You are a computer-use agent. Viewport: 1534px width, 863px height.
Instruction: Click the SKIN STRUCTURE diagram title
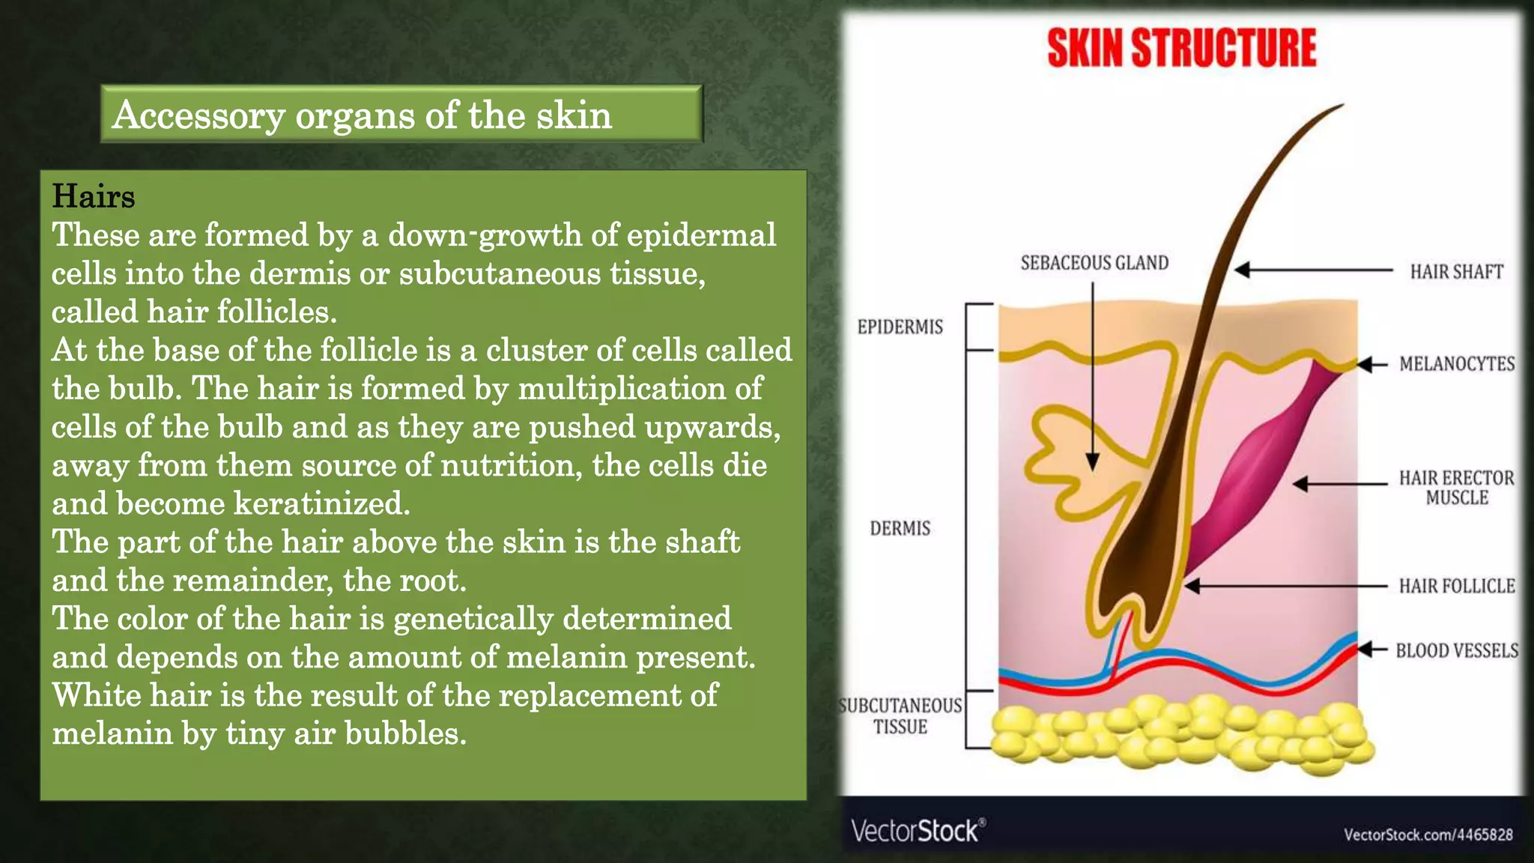(1181, 49)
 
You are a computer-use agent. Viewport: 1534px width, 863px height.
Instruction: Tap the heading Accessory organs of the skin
(362, 115)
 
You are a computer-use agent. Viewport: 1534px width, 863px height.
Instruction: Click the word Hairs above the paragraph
(93, 196)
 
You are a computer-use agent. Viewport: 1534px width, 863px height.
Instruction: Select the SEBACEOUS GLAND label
(1094, 263)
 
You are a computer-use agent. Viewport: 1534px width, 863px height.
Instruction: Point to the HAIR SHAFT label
(1456, 272)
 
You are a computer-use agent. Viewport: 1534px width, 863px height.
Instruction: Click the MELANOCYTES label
(1456, 364)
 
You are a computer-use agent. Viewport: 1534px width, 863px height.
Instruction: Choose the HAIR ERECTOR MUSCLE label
(1456, 488)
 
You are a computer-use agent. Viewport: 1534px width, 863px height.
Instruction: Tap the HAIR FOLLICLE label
(1456, 586)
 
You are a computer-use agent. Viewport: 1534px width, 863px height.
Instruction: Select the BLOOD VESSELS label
(1456, 650)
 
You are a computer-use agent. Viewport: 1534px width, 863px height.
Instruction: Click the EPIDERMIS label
(900, 327)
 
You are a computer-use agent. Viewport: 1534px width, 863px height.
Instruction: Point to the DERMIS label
(900, 529)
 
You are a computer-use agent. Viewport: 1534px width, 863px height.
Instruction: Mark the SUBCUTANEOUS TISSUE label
(900, 716)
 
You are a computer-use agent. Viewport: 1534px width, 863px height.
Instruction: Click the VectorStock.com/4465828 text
(1428, 835)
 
